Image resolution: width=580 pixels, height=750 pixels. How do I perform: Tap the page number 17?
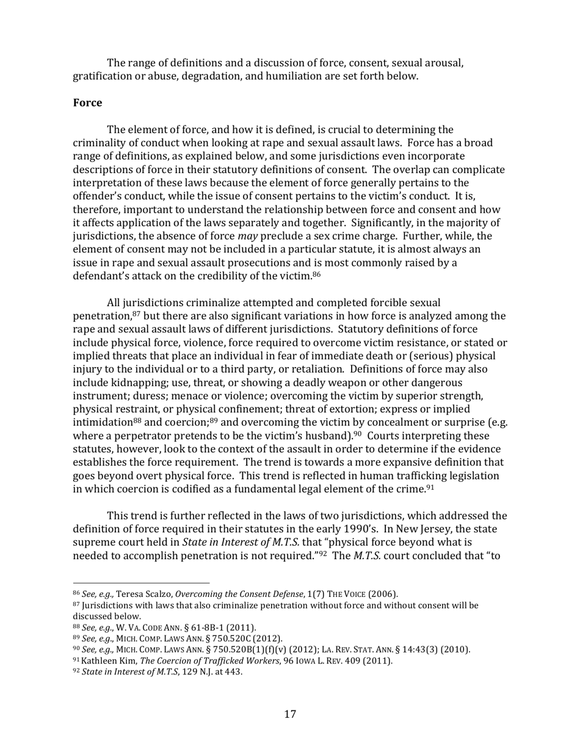click(x=290, y=714)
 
